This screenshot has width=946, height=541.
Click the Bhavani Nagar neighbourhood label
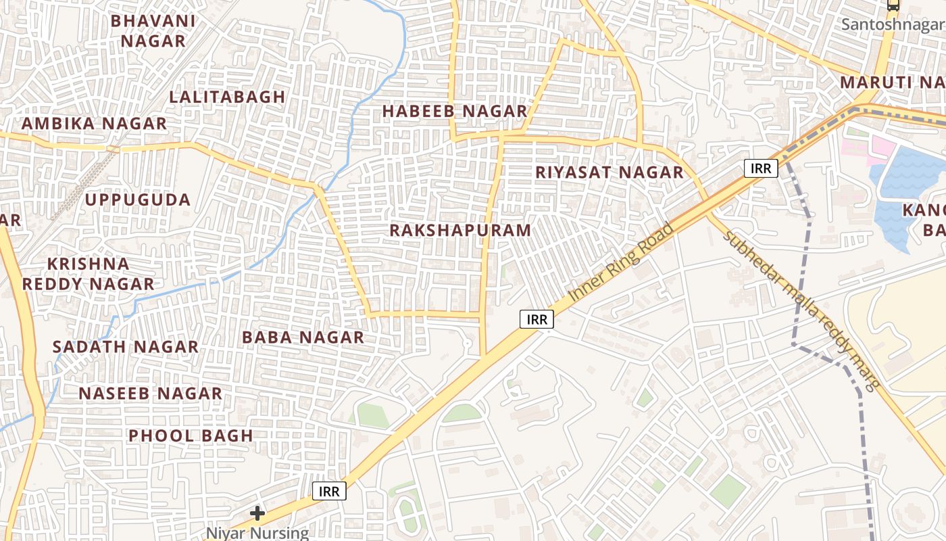pos(153,31)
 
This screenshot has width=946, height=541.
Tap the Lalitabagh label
pos(227,97)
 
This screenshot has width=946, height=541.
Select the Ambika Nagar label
pos(94,124)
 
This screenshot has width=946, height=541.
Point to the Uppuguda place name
pos(138,200)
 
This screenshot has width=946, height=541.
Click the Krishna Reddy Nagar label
pos(88,274)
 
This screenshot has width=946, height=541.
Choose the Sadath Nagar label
pos(126,347)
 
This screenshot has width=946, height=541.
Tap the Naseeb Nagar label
pos(150,394)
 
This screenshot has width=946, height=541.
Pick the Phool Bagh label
pos(191,436)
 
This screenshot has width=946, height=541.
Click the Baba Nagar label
pos(303,337)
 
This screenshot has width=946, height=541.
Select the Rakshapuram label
pos(460,231)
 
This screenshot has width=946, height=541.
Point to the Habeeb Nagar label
pos(455,112)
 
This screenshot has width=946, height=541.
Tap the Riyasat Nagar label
pos(609,172)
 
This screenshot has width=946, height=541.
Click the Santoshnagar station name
pos(893,25)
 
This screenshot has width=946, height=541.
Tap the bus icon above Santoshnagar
pos(893,5)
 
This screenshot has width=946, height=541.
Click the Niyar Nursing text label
pos(257,533)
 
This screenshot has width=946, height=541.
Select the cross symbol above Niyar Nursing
pos(257,513)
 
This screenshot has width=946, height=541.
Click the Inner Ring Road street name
pos(622,262)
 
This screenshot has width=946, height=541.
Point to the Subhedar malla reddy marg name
pos(801,311)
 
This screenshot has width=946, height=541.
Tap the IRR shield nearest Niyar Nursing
pos(330,491)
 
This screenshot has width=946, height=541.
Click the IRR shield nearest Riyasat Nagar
pos(761,168)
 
